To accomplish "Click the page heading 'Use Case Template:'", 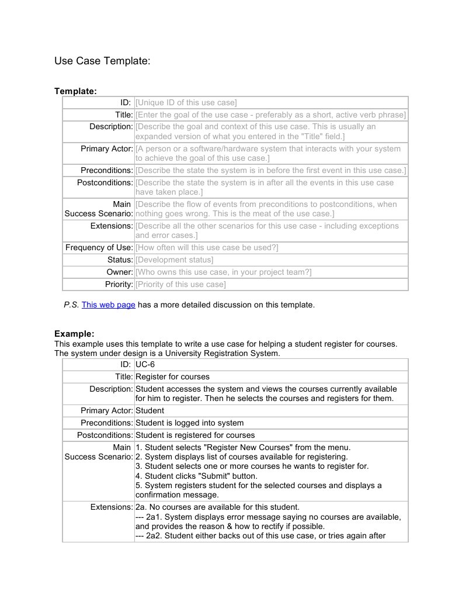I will [102, 61].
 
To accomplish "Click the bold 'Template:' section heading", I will [75, 91].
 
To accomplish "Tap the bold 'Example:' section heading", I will [74, 334].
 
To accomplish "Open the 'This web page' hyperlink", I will [109, 305].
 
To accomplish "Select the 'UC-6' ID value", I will [145, 365].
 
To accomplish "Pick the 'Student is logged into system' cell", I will [190, 423].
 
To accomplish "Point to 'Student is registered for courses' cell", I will [195, 435].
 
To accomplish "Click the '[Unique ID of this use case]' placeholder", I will [186, 103].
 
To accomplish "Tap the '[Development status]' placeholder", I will [174, 260].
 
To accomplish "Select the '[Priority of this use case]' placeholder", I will [180, 284].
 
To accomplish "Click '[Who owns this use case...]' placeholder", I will [223, 272].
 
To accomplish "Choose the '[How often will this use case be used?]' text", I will [207, 247].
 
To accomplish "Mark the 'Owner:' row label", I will [120, 272].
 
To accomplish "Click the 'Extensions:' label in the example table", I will [112, 507].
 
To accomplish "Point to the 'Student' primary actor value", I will [150, 410].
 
